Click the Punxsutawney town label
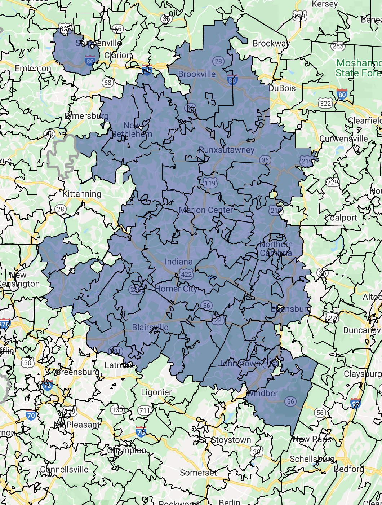[x=227, y=150]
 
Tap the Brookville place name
[x=197, y=74]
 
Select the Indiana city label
[x=178, y=262]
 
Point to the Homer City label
[x=176, y=289]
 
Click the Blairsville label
[x=150, y=328]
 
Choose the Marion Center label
[x=206, y=210]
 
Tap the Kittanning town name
[x=82, y=194]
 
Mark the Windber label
[x=263, y=393]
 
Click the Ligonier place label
[x=156, y=392]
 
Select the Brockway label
[x=271, y=44]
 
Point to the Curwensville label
[x=343, y=139]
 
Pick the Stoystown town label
[x=231, y=440]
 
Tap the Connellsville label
[x=64, y=469]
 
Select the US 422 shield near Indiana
[x=186, y=275]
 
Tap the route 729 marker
[x=332, y=182]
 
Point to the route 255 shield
[x=338, y=46]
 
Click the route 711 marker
[x=145, y=410]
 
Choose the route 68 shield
[x=108, y=83]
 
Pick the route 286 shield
[x=136, y=290]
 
